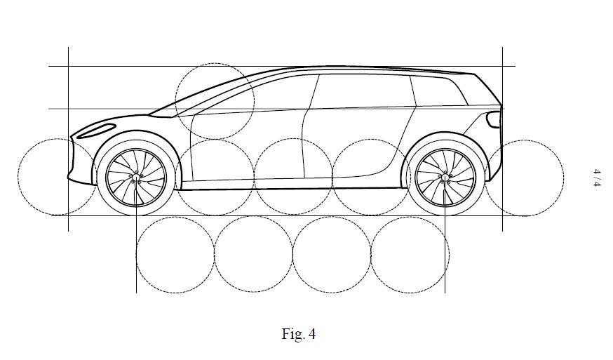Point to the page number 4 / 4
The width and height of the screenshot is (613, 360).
[x=597, y=177]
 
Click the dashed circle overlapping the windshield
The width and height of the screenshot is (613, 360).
[x=214, y=100]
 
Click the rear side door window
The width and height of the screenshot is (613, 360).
[x=365, y=91]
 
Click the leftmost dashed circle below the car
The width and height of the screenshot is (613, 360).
[x=175, y=255]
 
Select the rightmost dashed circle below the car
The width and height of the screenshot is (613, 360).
[x=410, y=255]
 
